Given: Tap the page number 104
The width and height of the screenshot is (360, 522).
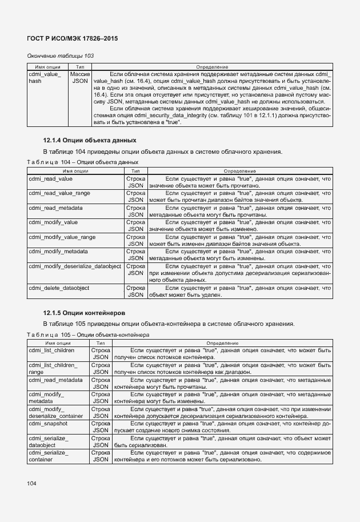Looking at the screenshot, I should pos(31,484).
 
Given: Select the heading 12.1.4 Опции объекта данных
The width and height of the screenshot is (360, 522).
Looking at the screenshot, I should pos(90,140).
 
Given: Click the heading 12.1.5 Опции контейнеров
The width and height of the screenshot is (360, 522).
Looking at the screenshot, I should pos(84,312).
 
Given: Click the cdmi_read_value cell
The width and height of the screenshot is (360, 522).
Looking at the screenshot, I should pos(51,180).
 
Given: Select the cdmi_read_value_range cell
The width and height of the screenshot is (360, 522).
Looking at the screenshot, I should pos(59,193).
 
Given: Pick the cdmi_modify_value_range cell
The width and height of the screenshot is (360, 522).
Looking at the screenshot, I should pos(62,237).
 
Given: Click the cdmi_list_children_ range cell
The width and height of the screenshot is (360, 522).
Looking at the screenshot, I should pos(53,368).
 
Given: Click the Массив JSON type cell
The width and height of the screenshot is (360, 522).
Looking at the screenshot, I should pos(80,78).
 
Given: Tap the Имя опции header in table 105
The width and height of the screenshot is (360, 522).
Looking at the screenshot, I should pos(58,342).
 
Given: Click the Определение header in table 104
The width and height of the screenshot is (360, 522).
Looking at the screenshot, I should pos(239,171).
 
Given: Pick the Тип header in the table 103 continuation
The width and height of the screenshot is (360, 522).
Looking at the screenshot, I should pos(80,67).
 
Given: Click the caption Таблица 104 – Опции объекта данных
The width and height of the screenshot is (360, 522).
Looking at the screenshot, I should pos(83,162).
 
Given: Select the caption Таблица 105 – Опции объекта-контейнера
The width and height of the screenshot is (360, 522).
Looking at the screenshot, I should pos(88,334).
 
